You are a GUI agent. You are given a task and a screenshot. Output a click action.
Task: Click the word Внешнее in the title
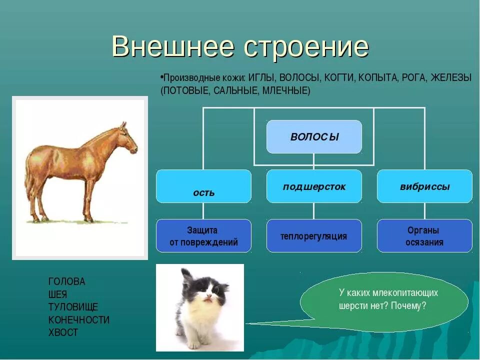pyautogui.click(x=173, y=46)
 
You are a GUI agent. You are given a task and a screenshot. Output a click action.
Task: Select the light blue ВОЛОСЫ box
pyautogui.click(x=314, y=136)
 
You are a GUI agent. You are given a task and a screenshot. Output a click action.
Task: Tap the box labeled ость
pyautogui.click(x=203, y=186)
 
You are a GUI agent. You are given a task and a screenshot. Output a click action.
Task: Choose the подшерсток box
pyautogui.click(x=314, y=186)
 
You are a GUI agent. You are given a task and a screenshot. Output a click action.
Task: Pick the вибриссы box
pyautogui.click(x=424, y=186)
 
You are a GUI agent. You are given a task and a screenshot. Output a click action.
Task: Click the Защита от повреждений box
pyautogui.click(x=203, y=235)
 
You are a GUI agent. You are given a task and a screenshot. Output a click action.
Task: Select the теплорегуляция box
pyautogui.click(x=314, y=235)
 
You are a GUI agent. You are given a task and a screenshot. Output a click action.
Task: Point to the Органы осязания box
pyautogui.click(x=424, y=235)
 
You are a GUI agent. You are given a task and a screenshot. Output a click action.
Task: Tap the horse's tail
pyautogui.click(x=28, y=177)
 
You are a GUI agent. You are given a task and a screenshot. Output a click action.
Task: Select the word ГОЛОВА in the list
pyautogui.click(x=66, y=281)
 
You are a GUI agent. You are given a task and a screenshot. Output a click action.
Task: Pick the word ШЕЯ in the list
pyautogui.click(x=57, y=294)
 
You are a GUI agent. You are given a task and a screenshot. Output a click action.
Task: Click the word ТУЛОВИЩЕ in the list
pyautogui.click(x=73, y=307)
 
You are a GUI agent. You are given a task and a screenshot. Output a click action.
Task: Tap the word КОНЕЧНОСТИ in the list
pyautogui.click(x=78, y=320)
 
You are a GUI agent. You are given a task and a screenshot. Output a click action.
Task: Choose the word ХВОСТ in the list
pyautogui.click(x=63, y=332)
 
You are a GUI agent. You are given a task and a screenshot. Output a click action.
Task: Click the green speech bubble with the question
pyautogui.click(x=384, y=301)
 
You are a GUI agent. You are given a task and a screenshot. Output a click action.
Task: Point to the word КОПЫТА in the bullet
pyautogui.click(x=378, y=78)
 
